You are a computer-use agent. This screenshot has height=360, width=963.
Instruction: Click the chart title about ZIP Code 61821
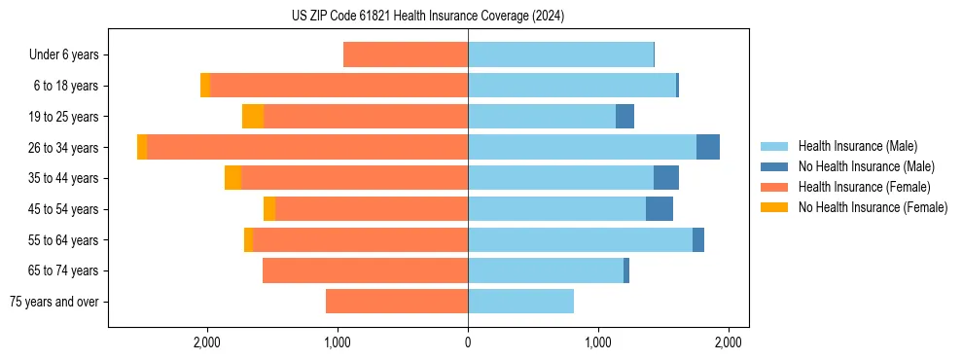coord(428,17)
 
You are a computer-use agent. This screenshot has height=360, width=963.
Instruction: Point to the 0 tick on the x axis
coord(468,342)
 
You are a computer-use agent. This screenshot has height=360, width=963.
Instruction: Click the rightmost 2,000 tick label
coord(729,342)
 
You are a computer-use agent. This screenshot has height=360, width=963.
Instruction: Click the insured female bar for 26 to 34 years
coord(307,147)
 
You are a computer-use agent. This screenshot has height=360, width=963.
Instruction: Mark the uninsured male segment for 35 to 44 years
coord(666,178)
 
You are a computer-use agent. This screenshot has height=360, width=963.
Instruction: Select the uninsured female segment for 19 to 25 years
coord(253,117)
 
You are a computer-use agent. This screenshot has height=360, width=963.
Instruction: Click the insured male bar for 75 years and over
coord(520,302)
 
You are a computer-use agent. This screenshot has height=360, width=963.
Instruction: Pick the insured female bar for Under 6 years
coord(406,55)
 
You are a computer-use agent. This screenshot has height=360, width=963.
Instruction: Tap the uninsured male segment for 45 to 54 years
coord(660,209)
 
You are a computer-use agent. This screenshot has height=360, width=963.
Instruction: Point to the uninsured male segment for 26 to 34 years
coord(708,147)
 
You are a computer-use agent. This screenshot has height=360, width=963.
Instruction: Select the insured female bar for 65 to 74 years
coord(365,270)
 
